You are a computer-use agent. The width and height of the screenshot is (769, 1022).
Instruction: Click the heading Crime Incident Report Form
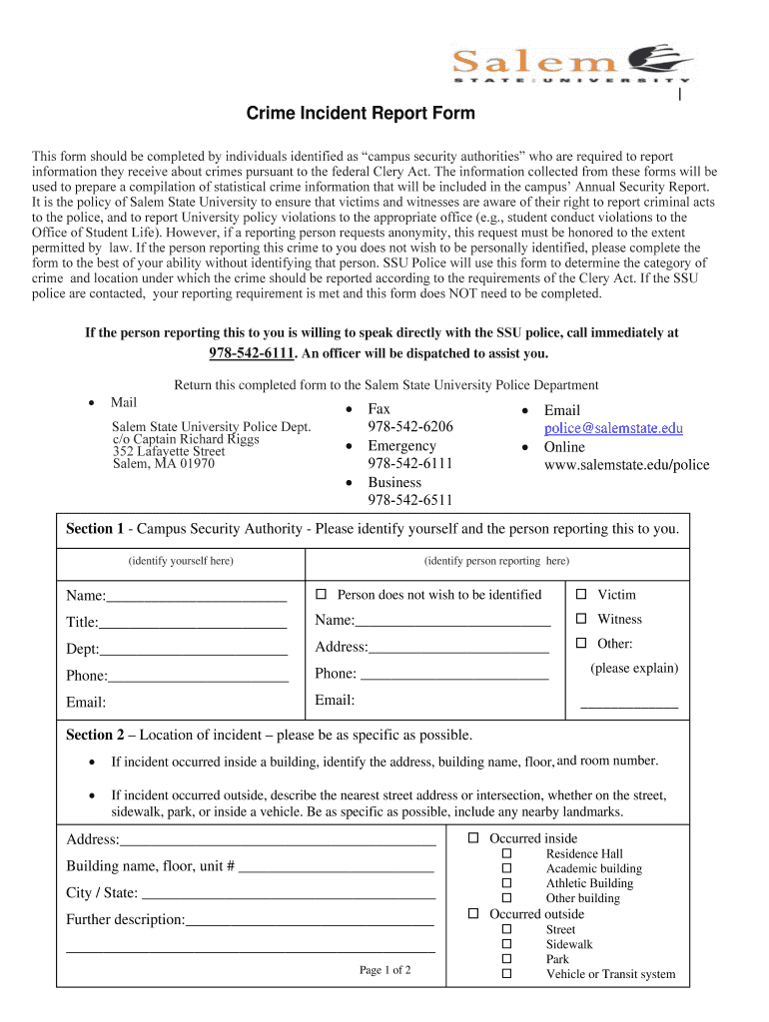(361, 114)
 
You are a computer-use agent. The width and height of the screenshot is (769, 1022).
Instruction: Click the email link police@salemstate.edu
(613, 428)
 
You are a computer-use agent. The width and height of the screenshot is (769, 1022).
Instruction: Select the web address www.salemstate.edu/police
(626, 465)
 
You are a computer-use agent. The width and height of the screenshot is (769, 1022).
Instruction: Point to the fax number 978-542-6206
(409, 427)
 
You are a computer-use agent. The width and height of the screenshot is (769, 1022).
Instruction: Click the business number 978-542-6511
(409, 500)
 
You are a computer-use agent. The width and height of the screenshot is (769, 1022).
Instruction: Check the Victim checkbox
(580, 595)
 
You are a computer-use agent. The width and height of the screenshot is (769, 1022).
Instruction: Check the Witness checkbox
(580, 620)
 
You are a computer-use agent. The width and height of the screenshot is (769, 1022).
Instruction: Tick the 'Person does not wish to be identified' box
(321, 595)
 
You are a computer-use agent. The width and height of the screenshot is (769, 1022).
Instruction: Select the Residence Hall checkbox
(506, 854)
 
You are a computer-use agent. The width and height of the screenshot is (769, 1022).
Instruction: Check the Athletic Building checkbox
(506, 883)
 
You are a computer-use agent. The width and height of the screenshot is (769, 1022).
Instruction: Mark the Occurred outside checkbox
(474, 914)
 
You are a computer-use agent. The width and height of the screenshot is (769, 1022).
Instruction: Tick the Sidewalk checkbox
(506, 944)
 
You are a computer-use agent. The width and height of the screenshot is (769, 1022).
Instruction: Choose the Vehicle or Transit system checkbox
(506, 974)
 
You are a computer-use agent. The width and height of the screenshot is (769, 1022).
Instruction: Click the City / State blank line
(288, 893)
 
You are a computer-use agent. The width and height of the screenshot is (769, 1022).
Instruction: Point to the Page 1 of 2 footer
(384, 970)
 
